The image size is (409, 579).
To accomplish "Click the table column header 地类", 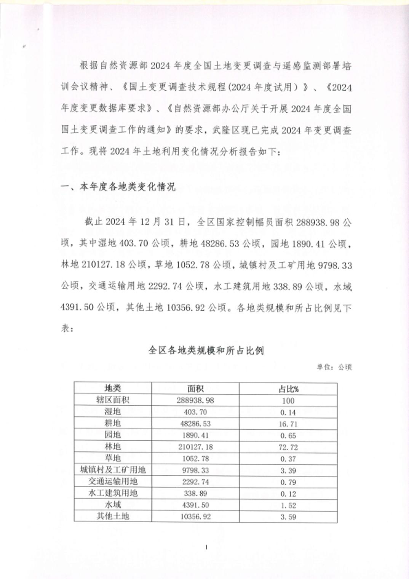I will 113,389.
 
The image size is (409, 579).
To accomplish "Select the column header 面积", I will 195,389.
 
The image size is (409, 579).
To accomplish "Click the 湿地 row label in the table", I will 113,412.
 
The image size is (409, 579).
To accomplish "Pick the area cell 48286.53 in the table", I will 195,424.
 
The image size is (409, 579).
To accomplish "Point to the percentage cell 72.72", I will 288,447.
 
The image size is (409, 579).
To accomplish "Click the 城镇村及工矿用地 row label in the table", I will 113,470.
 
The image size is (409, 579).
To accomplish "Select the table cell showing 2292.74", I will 195,482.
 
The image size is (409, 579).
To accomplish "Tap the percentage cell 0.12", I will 288,494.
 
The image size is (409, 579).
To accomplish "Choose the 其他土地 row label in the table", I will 113,517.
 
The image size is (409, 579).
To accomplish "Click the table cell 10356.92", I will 195,517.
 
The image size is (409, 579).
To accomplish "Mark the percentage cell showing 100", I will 288,400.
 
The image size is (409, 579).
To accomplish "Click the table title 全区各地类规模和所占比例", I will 206,350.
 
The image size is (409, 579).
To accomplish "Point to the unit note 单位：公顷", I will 334,367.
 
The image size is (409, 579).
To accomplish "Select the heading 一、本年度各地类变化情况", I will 118,187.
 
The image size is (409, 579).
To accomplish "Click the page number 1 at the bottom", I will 206,547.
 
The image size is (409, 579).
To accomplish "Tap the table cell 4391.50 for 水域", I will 195,505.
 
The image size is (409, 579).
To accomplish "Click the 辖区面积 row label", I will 113,400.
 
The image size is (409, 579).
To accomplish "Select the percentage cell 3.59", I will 288,517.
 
